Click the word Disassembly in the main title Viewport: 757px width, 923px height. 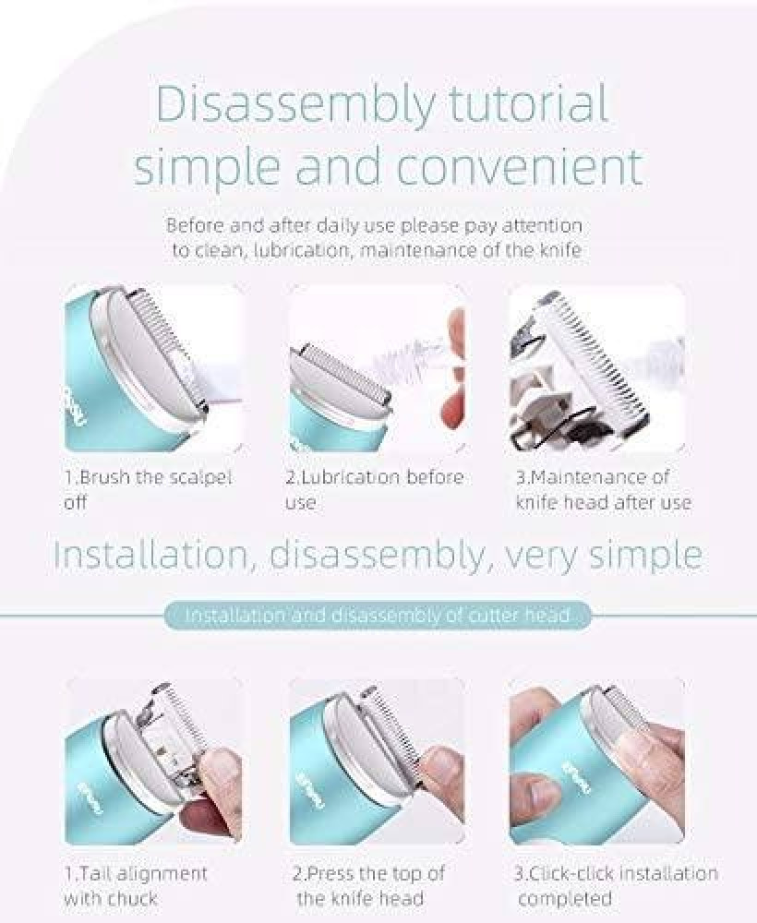tap(294, 104)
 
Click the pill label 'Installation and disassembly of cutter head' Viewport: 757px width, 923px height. tap(378, 615)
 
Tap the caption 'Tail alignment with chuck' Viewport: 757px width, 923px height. tap(136, 885)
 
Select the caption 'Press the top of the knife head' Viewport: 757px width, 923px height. tap(368, 885)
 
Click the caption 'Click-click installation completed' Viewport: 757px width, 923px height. tap(617, 885)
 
